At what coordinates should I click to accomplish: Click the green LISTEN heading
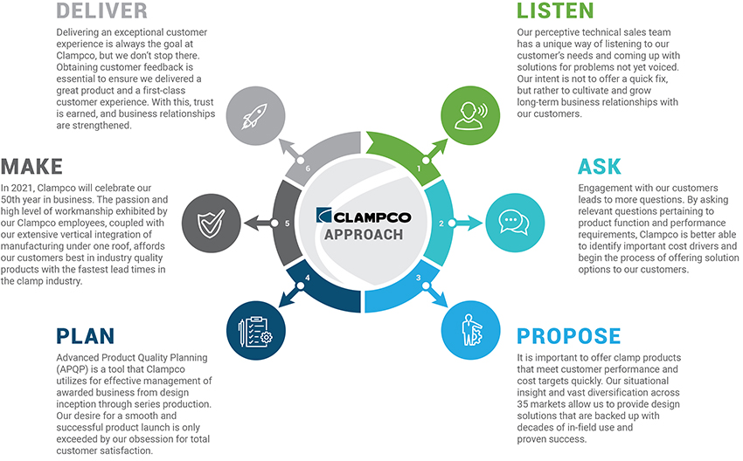click(x=555, y=11)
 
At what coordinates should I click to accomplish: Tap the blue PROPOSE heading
click(x=568, y=336)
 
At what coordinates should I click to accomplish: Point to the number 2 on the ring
click(x=441, y=224)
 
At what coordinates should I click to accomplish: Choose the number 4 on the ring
click(x=307, y=279)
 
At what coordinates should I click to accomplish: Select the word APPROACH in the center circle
click(x=363, y=235)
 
